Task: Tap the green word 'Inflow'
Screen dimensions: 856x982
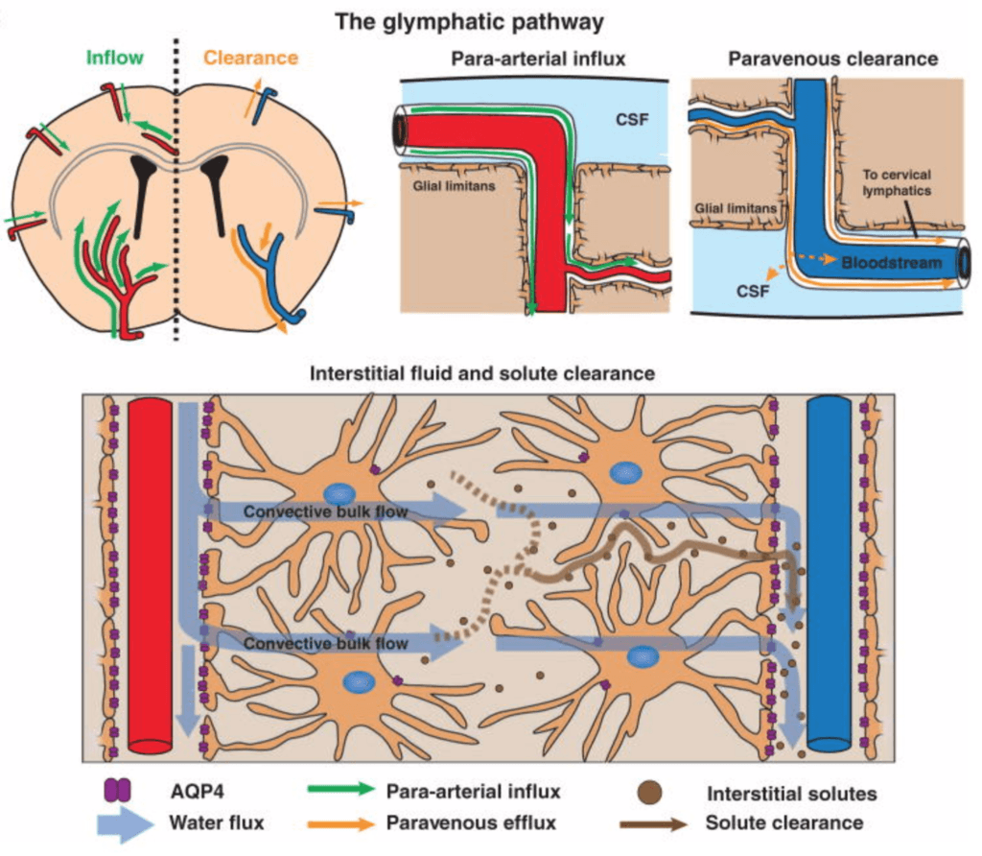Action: (x=114, y=58)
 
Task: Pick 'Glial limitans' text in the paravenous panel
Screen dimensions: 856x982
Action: (x=736, y=206)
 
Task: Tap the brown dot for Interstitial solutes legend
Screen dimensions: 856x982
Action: (x=650, y=792)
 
